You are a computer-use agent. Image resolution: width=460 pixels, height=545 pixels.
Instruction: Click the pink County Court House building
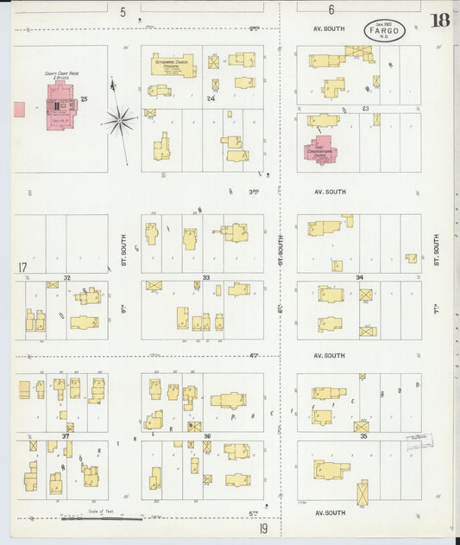click(61, 110)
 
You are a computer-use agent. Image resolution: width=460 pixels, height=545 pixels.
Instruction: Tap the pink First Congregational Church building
click(318, 150)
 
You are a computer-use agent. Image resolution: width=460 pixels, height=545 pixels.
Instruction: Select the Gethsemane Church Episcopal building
click(173, 64)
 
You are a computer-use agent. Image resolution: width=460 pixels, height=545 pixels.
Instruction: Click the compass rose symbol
click(121, 118)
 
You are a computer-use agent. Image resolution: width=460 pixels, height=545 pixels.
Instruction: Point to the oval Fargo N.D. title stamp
click(384, 29)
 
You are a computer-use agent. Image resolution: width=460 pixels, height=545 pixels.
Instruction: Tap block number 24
click(210, 99)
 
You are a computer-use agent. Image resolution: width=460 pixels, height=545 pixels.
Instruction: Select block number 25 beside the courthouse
click(85, 100)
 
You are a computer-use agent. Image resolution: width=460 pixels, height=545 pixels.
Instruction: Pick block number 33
click(206, 277)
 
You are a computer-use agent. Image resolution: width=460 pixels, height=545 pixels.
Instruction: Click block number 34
click(359, 278)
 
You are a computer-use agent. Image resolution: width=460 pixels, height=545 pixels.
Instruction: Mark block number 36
click(207, 436)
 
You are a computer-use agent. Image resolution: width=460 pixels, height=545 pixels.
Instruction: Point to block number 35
click(362, 437)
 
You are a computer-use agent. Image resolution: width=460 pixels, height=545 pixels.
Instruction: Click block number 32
click(66, 277)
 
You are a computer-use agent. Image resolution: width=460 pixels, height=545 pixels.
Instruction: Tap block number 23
click(365, 108)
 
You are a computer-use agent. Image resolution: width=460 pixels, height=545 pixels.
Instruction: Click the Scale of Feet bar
click(102, 518)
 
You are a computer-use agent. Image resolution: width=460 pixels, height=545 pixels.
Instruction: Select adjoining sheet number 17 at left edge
click(22, 267)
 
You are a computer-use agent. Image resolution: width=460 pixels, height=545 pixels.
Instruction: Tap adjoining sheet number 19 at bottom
click(262, 529)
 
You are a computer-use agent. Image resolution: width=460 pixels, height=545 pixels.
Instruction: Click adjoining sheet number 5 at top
click(123, 12)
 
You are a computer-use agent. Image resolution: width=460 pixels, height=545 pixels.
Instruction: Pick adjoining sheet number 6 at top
click(331, 10)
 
